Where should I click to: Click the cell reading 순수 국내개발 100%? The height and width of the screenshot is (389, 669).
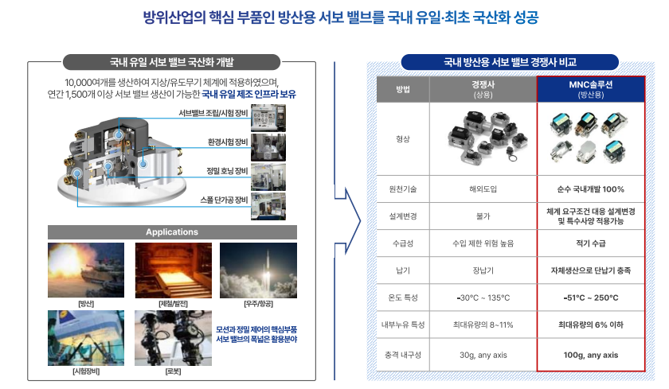590,189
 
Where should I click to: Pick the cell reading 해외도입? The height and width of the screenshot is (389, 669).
483,189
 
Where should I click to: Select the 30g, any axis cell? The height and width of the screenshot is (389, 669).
483,355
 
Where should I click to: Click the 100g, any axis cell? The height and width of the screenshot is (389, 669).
590,355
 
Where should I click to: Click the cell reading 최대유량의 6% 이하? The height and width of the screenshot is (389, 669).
590,325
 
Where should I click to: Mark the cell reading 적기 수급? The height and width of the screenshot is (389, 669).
590,243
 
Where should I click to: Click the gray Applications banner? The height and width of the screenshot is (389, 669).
172,232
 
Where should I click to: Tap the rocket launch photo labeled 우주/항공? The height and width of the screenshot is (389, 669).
258,270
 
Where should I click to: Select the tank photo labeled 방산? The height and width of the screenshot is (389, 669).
86,270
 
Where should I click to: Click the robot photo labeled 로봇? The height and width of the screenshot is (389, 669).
172,337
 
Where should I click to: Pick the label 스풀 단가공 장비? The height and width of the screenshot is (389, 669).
225,199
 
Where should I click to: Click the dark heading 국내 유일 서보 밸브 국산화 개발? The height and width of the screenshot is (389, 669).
172,61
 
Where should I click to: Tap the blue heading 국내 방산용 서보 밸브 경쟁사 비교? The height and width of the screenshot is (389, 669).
510,61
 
